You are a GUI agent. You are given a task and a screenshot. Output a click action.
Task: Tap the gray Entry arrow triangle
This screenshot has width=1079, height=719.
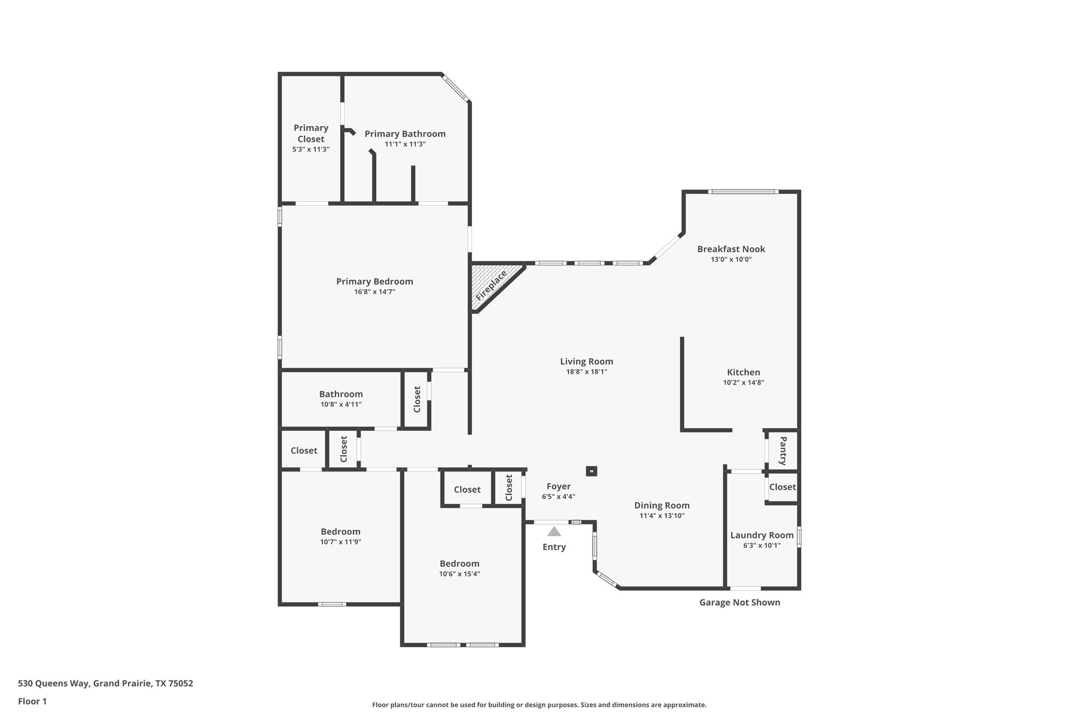[x=554, y=531]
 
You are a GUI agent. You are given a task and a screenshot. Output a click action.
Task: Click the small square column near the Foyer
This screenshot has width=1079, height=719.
[x=592, y=471]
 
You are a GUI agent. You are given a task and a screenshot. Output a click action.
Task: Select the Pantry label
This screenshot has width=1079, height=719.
[x=783, y=450]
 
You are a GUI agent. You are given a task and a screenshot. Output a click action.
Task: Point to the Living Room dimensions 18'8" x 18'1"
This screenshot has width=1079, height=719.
[x=586, y=371]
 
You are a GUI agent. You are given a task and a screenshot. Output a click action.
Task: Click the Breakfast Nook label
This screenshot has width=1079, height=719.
[x=731, y=249]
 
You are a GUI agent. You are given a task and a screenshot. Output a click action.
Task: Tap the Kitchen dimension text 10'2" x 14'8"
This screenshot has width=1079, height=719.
[x=743, y=383]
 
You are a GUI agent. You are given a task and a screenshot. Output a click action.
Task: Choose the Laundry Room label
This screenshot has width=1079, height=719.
[x=762, y=535]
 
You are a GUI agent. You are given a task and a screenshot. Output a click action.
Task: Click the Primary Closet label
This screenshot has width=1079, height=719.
[x=311, y=133]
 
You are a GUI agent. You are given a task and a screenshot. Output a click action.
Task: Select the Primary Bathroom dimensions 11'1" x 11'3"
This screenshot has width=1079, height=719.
[x=405, y=144]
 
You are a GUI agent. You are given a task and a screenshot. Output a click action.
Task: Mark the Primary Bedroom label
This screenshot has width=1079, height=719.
[x=375, y=281]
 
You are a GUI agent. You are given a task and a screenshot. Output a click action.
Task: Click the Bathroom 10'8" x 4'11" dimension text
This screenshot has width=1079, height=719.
[x=341, y=405]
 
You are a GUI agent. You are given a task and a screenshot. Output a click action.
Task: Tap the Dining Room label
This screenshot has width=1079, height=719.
[x=662, y=505]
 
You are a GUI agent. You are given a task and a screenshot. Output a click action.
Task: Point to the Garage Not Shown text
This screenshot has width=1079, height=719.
[x=739, y=602]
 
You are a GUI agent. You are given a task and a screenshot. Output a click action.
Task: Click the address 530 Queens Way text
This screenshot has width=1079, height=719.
[x=105, y=684]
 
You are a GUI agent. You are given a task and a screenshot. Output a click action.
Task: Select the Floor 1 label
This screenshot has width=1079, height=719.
[x=32, y=701]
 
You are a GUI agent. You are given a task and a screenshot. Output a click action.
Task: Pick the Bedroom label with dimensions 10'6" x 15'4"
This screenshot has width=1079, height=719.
[x=459, y=564]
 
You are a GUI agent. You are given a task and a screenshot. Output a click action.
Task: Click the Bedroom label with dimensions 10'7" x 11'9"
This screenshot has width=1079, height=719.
[x=340, y=531]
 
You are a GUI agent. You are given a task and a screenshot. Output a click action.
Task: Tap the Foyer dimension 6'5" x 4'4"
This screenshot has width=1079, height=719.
[x=558, y=496]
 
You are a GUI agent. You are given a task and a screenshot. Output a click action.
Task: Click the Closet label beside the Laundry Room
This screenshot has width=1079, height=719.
[x=782, y=487]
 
